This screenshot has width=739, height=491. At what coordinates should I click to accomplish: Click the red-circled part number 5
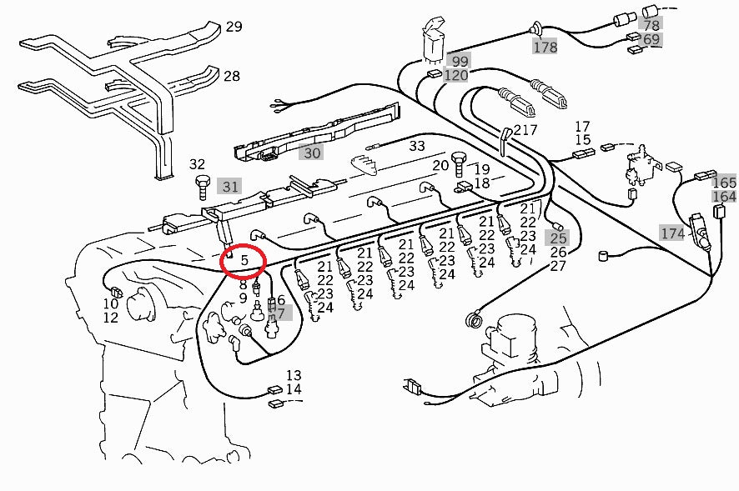244,261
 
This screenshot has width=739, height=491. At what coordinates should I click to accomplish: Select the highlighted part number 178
545,48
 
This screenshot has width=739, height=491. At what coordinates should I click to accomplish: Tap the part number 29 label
234,27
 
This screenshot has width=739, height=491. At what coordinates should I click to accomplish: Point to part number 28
231,77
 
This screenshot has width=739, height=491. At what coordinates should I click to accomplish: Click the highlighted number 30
311,153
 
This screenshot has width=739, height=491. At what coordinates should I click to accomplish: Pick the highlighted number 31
230,187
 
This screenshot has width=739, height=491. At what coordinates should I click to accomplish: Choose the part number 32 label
197,164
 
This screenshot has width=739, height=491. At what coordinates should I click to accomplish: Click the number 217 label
525,130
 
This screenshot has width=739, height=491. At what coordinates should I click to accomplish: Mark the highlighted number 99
459,61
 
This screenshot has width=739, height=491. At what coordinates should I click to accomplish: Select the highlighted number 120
455,76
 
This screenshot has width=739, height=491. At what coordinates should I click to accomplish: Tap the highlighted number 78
651,25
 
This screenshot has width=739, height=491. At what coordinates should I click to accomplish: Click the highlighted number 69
651,39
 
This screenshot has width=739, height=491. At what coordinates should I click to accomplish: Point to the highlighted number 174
672,233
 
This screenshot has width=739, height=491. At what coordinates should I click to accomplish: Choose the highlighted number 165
725,183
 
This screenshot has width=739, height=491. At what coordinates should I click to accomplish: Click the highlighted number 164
725,197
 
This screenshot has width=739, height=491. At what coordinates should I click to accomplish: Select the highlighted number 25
558,238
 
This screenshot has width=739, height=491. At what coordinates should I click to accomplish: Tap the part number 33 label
417,145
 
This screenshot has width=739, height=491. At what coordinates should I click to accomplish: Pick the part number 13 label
294,376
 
